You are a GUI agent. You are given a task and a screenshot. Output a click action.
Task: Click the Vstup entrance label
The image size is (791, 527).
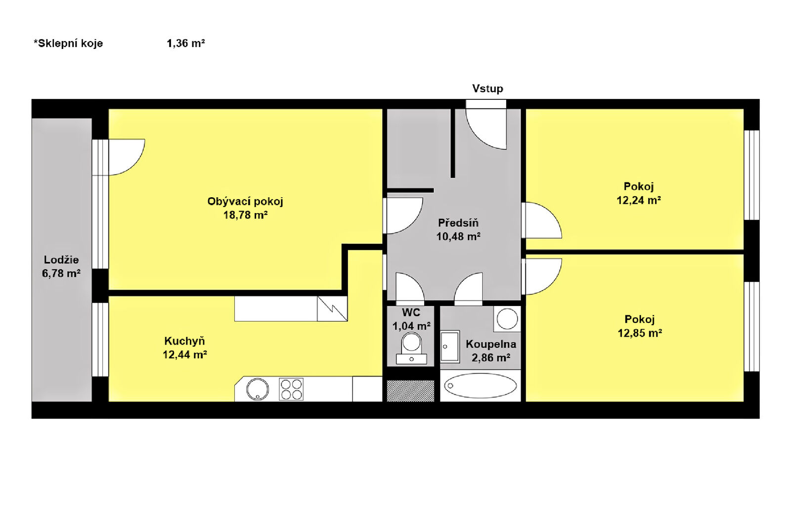point(487,88)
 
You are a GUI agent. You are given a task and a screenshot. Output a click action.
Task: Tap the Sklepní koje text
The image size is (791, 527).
point(68,44)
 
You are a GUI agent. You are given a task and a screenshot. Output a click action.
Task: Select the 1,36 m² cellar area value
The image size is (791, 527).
point(186,43)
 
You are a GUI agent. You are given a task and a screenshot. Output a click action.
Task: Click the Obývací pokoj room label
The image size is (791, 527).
point(245,202)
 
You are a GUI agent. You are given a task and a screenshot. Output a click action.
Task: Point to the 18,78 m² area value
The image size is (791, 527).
point(245,215)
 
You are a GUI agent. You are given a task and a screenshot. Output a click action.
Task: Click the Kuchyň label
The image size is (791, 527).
point(184,341)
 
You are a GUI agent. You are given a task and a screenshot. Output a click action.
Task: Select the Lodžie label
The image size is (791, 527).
point(61,260)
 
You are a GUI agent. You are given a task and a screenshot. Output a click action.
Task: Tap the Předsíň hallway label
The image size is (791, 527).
point(458,222)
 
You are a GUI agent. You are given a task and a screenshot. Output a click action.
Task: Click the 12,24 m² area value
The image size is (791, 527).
point(638,200)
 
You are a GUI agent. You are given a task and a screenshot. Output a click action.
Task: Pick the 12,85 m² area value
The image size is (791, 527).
point(640,333)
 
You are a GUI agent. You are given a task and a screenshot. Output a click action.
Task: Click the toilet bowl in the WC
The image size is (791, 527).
point(411,349)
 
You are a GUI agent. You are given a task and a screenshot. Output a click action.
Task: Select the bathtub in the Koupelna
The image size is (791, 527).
point(480,386)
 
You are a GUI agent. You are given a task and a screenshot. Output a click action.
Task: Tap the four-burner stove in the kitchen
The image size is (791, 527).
point(291,389)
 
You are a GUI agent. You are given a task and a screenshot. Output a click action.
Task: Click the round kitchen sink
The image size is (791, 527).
point(258,389)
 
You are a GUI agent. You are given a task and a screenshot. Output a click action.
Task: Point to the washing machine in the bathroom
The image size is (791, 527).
point(507,319)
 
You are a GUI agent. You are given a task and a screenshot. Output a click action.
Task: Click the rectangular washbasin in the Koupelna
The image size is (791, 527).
point(450,347)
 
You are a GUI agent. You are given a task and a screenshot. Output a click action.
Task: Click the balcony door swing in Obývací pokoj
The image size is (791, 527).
point(127,157)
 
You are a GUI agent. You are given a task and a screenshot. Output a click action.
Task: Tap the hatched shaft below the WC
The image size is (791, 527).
point(411,391)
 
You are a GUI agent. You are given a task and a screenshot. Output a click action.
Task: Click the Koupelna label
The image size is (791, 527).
point(491,344)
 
